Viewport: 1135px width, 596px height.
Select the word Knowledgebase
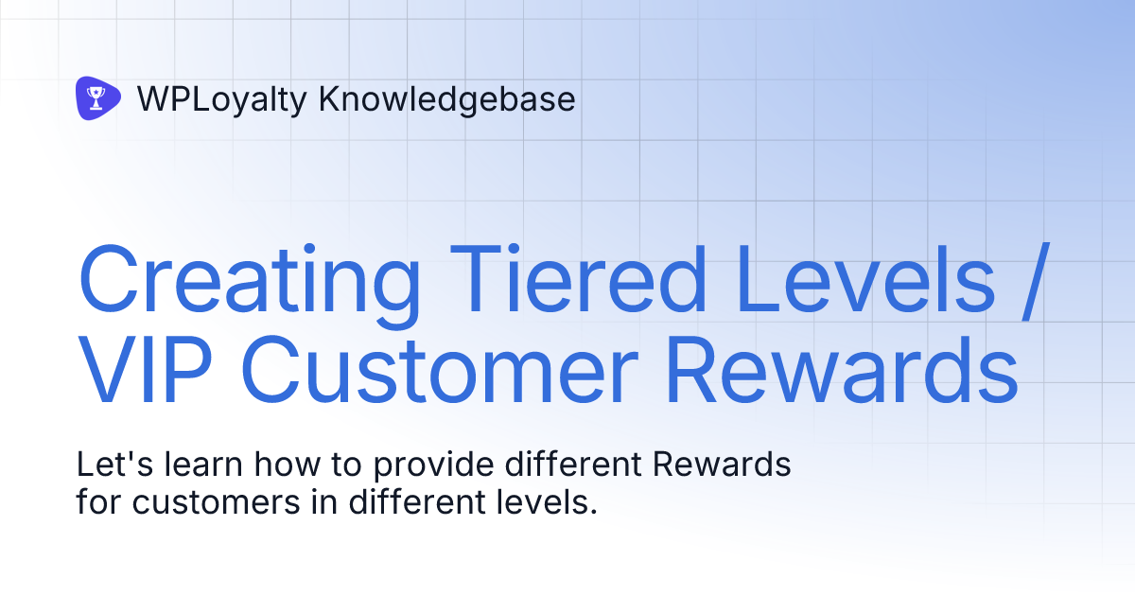pos(446,98)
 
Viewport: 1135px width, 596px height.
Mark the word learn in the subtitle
pos(201,465)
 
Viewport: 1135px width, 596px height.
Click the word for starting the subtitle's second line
pos(99,501)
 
